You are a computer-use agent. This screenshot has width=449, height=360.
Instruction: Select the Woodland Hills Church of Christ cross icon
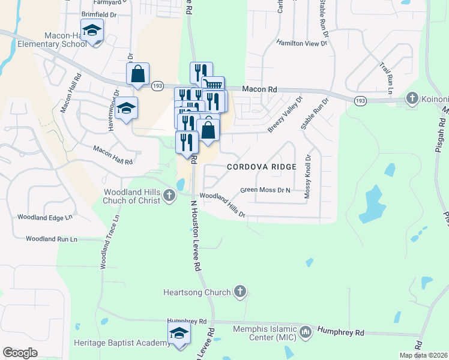(170, 195)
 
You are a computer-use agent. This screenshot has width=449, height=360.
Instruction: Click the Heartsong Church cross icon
(240, 292)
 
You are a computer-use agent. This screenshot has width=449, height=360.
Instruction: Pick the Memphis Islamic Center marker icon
(306, 332)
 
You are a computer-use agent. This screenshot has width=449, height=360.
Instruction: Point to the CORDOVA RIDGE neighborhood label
(262, 167)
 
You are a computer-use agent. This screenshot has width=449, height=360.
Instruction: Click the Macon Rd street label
(259, 89)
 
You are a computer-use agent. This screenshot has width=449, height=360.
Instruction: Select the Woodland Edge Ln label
(44, 217)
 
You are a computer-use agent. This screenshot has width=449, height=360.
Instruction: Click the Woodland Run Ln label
(52, 239)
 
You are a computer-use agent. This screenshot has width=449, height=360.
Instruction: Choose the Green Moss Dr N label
(265, 190)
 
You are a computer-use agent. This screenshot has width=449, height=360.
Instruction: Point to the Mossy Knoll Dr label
(308, 177)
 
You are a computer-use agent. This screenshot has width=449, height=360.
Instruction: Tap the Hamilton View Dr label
(302, 43)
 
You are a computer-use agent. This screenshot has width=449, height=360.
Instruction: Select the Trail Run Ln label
(385, 77)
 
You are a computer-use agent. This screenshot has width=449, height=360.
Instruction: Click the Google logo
(20, 353)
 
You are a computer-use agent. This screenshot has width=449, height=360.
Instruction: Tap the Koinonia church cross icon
(412, 97)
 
